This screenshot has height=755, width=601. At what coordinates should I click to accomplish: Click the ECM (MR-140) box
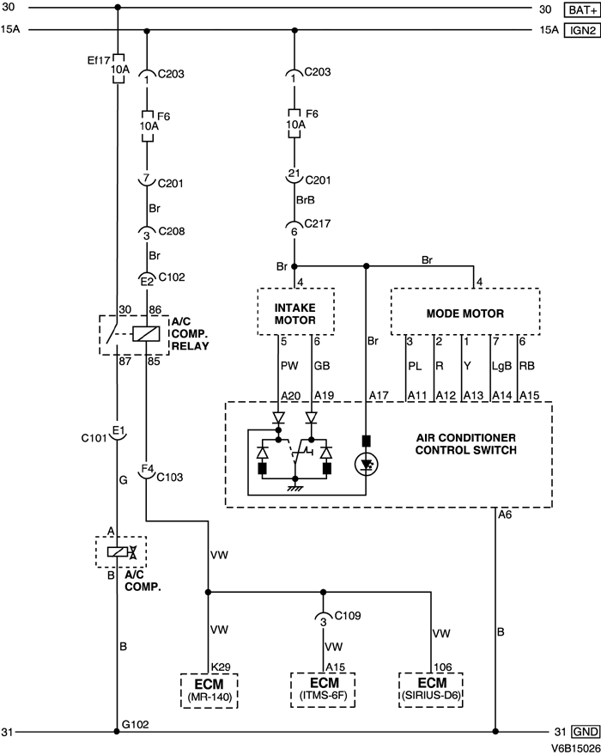click(208, 688)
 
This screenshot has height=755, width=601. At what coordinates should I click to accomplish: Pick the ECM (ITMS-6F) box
click(324, 688)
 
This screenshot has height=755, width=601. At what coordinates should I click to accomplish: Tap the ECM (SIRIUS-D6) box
click(429, 688)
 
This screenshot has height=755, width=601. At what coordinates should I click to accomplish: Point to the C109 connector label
click(347, 616)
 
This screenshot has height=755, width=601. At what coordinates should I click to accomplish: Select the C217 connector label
click(319, 225)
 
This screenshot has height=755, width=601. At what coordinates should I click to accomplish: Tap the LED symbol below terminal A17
click(367, 462)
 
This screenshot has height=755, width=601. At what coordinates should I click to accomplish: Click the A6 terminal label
click(506, 515)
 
